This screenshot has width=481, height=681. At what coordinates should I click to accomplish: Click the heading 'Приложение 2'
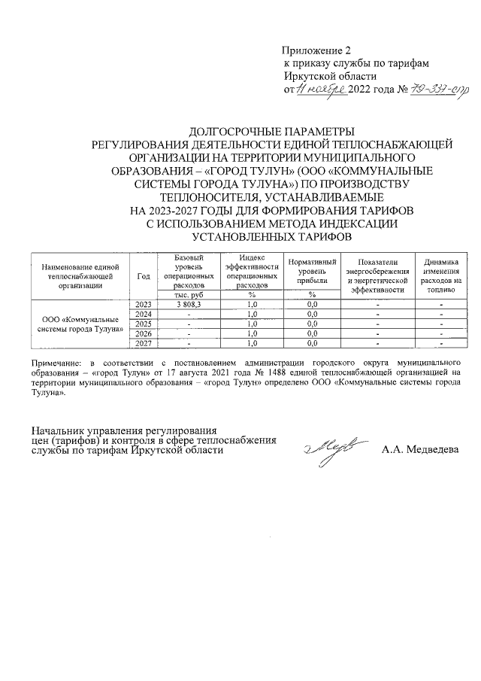[310, 50]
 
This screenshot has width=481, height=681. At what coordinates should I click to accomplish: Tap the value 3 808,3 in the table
[188, 304]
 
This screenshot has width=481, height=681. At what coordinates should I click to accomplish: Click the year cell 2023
[144, 304]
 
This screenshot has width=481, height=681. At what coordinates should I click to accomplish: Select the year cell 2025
[144, 324]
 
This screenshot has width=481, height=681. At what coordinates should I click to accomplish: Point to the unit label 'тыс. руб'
[188, 294]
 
